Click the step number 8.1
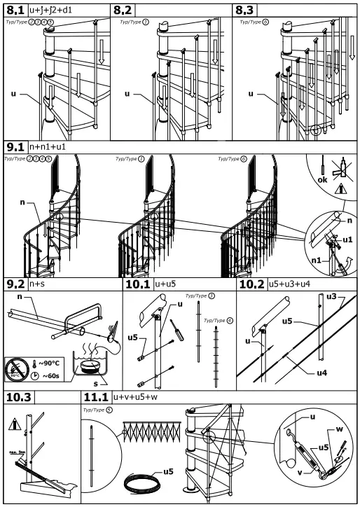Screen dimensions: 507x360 pos(15,11)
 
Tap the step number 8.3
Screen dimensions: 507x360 pos(244,11)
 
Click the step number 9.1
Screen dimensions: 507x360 pos(15,148)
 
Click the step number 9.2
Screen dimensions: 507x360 pos(15,286)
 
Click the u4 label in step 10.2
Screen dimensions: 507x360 pos(321,373)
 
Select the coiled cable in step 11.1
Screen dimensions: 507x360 pos(141,484)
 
